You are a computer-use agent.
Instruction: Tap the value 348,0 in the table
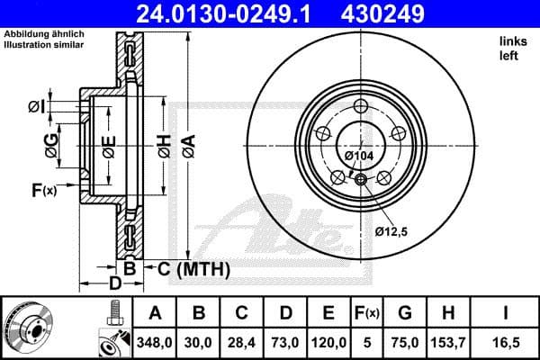[x=155, y=343]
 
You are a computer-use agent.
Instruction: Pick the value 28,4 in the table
[x=242, y=343]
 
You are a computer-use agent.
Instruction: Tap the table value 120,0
[x=328, y=343]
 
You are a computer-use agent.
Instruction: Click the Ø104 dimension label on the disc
[x=360, y=157]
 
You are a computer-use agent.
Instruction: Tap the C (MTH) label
[x=193, y=269]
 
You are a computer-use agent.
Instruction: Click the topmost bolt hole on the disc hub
[x=361, y=107]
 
